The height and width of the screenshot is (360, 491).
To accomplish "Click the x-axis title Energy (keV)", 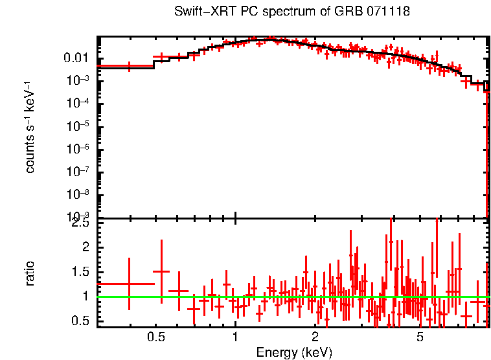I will (x=294, y=352).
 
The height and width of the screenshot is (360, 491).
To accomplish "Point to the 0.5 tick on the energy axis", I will (x=155, y=337).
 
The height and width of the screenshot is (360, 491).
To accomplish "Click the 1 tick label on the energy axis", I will (x=235, y=337).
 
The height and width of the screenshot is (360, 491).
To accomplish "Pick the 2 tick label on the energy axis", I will (x=315, y=337).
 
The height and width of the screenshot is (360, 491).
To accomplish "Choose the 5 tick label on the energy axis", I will (x=420, y=337).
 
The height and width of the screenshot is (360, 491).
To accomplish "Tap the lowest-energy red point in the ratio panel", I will (x=129, y=284).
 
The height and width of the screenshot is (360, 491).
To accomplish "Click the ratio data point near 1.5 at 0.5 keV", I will (x=161, y=272).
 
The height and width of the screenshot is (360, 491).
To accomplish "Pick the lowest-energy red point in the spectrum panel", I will (x=129, y=66).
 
